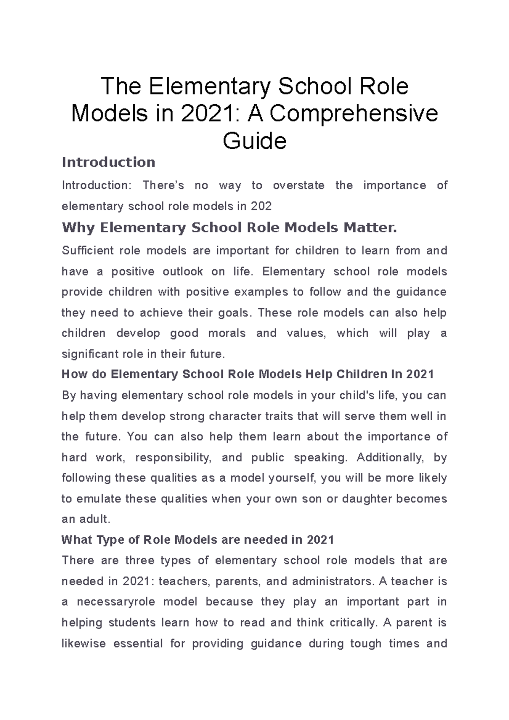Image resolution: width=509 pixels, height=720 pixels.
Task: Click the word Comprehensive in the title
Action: click(353, 114)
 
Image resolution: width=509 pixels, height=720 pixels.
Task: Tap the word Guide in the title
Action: click(255, 141)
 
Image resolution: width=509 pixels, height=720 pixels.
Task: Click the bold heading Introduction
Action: click(108, 162)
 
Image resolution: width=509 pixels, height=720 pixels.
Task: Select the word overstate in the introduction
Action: click(298, 185)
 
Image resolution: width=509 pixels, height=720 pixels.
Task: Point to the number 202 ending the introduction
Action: click(261, 207)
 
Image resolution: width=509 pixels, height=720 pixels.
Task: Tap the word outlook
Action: click(182, 271)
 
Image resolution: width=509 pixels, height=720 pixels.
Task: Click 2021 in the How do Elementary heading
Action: click(420, 374)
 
